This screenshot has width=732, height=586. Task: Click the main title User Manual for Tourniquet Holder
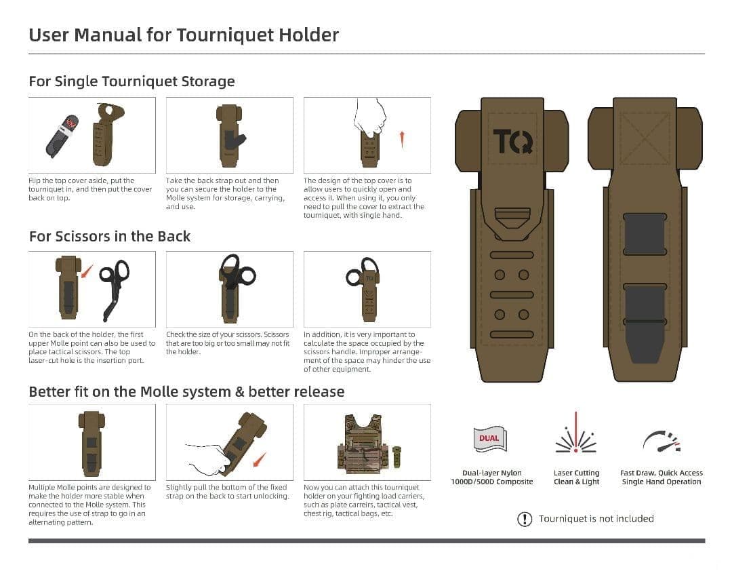[184, 35]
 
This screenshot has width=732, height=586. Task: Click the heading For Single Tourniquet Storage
[131, 81]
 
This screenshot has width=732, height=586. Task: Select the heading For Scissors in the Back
[110, 237]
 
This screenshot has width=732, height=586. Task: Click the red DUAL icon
[489, 439]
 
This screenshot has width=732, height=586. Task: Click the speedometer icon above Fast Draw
[661, 441]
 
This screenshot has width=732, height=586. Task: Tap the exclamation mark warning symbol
[525, 520]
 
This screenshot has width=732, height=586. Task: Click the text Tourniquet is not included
[596, 519]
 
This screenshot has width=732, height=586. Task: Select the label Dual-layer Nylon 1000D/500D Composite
[492, 477]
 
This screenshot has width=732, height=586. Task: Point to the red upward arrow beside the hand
[402, 139]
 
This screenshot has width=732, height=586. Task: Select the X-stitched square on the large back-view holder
[645, 138]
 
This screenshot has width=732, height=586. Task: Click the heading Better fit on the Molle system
[186, 392]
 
